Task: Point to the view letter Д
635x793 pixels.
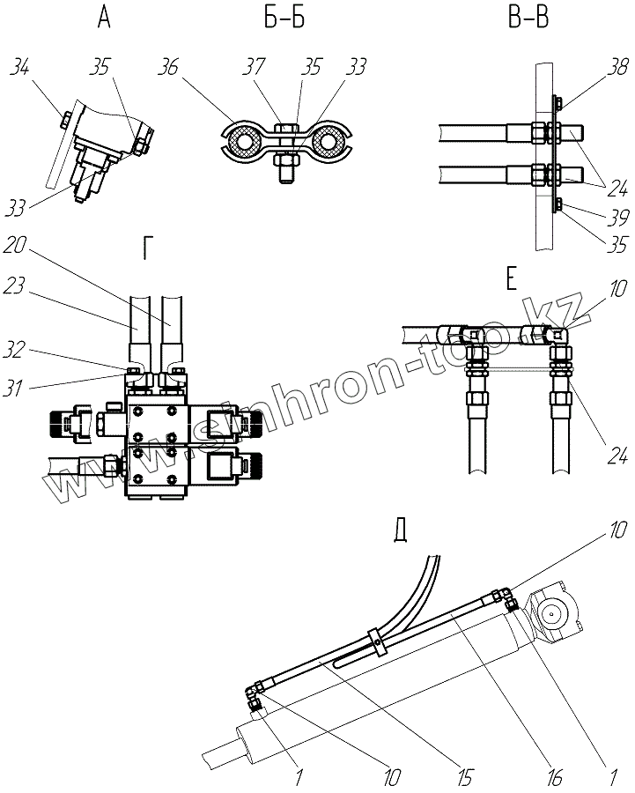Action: click(402, 531)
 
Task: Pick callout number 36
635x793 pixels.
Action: click(172, 67)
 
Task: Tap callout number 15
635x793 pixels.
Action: click(465, 775)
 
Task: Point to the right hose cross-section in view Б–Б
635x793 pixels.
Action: click(329, 142)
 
